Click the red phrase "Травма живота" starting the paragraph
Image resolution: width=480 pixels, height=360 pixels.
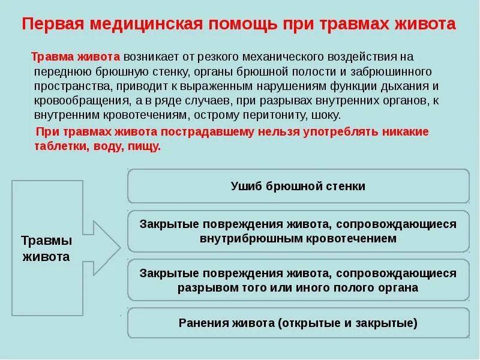click(76, 56)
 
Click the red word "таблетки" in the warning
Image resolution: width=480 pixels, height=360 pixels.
click(58, 146)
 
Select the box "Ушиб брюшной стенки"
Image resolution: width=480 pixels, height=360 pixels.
click(298, 186)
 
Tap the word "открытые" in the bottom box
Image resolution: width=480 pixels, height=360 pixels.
click(305, 323)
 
